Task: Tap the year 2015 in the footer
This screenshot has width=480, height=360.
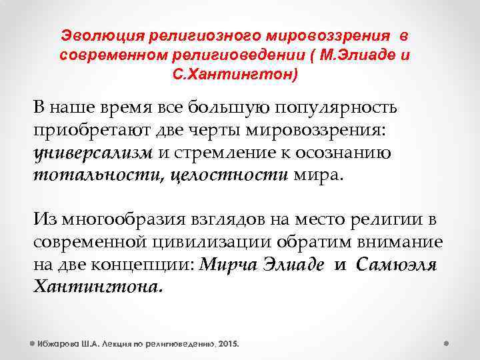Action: click(227, 344)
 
